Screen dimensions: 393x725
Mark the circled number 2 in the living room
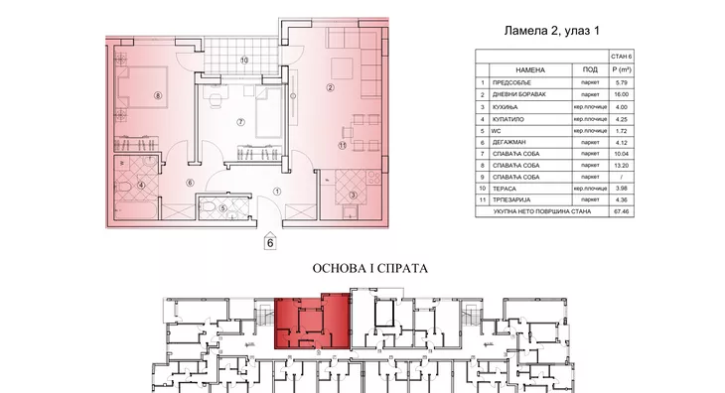point(329,88)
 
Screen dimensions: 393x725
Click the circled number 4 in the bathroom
point(141,185)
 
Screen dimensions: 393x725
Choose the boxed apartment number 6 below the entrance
point(267,240)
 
